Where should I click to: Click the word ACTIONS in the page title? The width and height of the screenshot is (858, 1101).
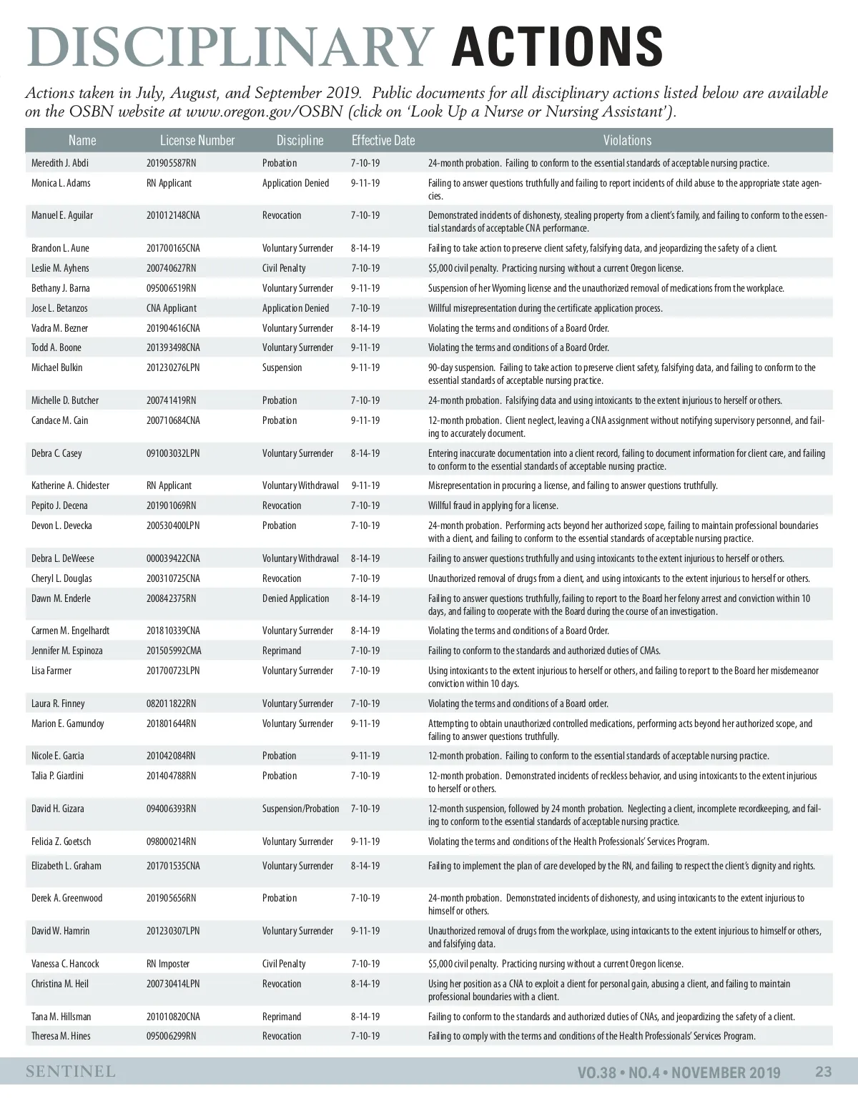(557, 47)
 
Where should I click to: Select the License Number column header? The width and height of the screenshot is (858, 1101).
(197, 141)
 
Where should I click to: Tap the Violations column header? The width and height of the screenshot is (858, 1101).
(627, 141)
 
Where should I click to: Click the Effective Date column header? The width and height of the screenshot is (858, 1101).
(383, 141)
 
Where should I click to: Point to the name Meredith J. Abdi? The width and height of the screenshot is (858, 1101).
(60, 164)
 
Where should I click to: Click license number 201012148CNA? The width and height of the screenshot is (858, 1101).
(173, 216)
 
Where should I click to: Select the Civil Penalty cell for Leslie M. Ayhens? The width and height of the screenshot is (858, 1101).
(284, 269)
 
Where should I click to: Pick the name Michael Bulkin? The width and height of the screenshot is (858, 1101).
(57, 368)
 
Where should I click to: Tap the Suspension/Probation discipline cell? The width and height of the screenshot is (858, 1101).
(300, 809)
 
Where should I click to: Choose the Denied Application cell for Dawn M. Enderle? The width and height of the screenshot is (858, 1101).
(295, 599)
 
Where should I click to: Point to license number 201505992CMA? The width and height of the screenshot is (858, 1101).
(174, 651)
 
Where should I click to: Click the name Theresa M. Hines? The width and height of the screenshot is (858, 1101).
(61, 1037)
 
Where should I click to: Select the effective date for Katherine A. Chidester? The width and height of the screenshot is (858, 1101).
(365, 486)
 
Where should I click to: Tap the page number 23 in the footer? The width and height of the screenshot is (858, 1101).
(823, 1072)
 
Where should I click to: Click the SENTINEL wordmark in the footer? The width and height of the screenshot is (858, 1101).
(71, 1072)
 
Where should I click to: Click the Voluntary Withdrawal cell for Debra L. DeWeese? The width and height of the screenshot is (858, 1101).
(300, 559)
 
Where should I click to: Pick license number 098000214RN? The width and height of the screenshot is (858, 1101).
(171, 842)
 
